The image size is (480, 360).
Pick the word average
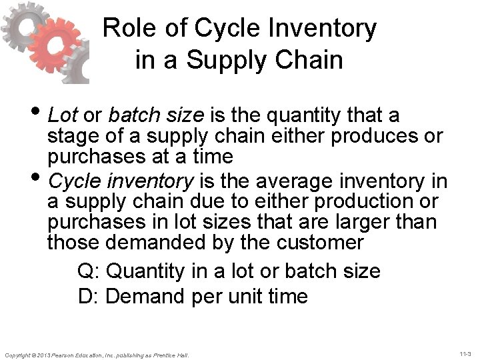[x=293, y=181]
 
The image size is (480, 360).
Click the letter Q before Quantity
[x=85, y=271]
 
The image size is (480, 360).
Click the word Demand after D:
[x=147, y=295]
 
